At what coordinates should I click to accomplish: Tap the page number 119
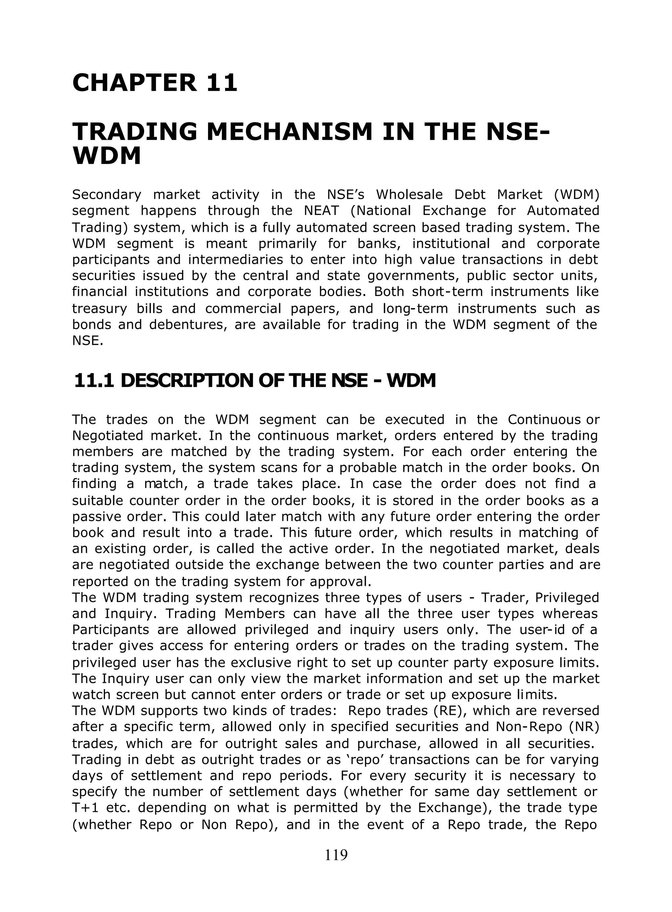click(336, 855)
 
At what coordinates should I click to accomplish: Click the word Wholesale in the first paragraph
click(409, 195)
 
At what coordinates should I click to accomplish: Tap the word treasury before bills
click(99, 309)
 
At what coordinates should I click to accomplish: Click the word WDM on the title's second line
click(107, 156)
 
